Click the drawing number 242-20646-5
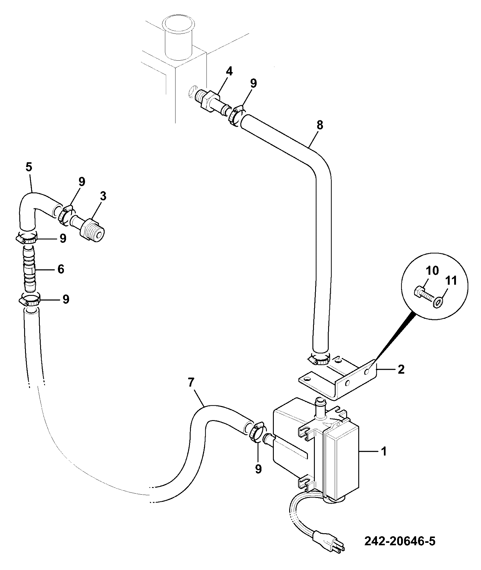tap(400, 541)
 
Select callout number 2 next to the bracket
tap(401, 369)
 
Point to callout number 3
tap(103, 196)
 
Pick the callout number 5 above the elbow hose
tap(29, 167)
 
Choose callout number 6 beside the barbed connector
tap(61, 269)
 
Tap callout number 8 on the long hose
tap(320, 125)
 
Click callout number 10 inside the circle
tap(432, 271)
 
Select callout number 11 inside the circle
tap(450, 281)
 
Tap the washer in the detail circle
tap(438, 302)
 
